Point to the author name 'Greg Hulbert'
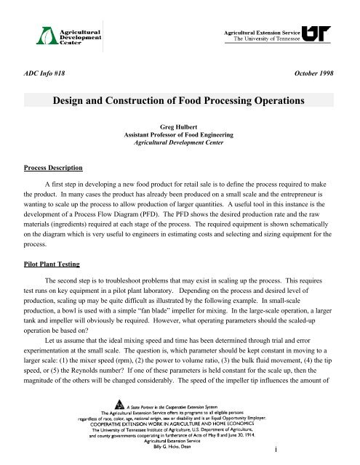[x=180, y=126]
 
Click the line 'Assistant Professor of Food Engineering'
[x=180, y=134]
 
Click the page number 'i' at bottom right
[x=328, y=455]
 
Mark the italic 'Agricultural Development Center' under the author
[x=180, y=143]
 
